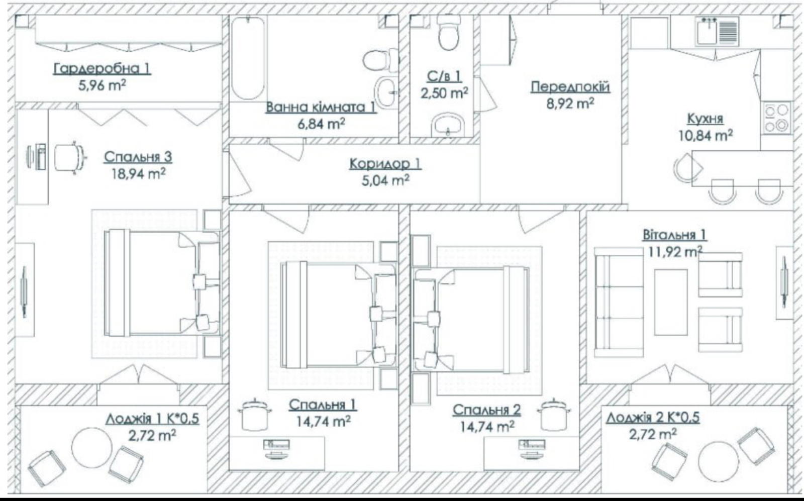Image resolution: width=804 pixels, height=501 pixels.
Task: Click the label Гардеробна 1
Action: coord(103,68)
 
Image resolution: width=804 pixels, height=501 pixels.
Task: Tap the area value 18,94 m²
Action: coord(138,174)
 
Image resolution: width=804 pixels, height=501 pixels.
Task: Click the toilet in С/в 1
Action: coord(448,33)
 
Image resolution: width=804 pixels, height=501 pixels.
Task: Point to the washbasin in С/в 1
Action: coord(448,125)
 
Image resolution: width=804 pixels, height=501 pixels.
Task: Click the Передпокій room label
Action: coord(570,87)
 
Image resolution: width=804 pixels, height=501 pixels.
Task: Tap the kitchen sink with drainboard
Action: coord(717,32)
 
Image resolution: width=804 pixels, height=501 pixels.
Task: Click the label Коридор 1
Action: coord(385,164)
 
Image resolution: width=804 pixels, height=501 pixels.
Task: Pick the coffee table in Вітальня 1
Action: coord(670,302)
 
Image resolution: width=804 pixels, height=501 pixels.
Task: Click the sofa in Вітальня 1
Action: coord(619,302)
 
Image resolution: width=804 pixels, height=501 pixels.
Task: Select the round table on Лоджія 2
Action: coord(719,461)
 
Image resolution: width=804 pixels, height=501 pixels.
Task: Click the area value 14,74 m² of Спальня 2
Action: coord(487,426)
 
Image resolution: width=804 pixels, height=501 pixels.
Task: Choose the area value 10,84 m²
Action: coord(706,136)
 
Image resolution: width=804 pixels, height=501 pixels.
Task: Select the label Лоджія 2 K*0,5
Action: coord(653,418)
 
